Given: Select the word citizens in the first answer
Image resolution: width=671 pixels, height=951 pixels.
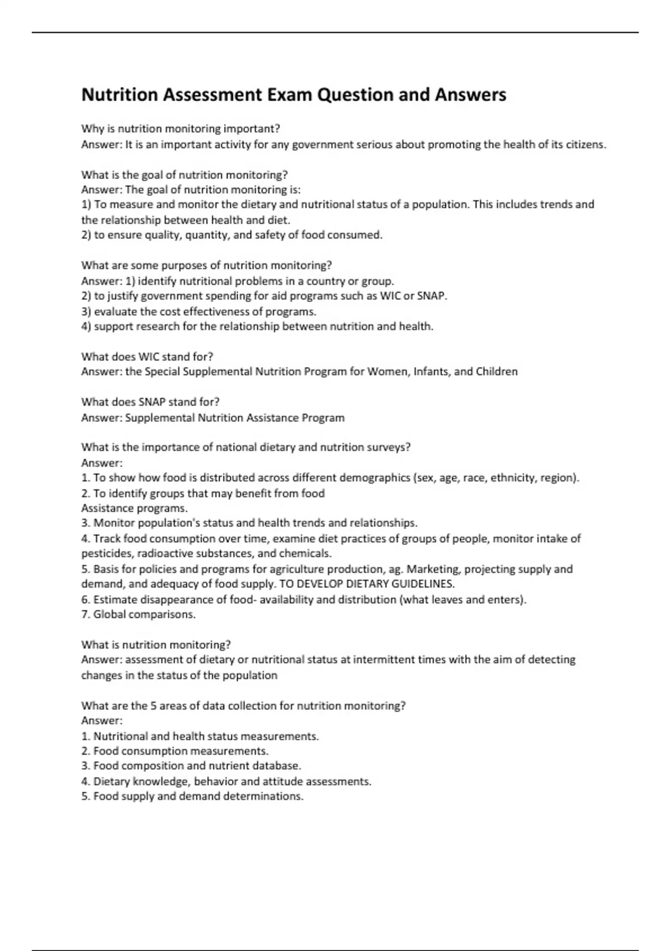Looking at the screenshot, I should click(x=584, y=144).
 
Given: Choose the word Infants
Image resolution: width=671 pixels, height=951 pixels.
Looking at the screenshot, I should click(x=432, y=371).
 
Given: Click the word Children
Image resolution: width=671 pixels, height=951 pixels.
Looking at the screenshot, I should click(x=497, y=371).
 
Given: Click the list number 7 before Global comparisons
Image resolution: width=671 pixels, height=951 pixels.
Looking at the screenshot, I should click(x=85, y=614).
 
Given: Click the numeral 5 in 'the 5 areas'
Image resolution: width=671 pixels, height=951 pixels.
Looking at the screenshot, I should click(x=153, y=705).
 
